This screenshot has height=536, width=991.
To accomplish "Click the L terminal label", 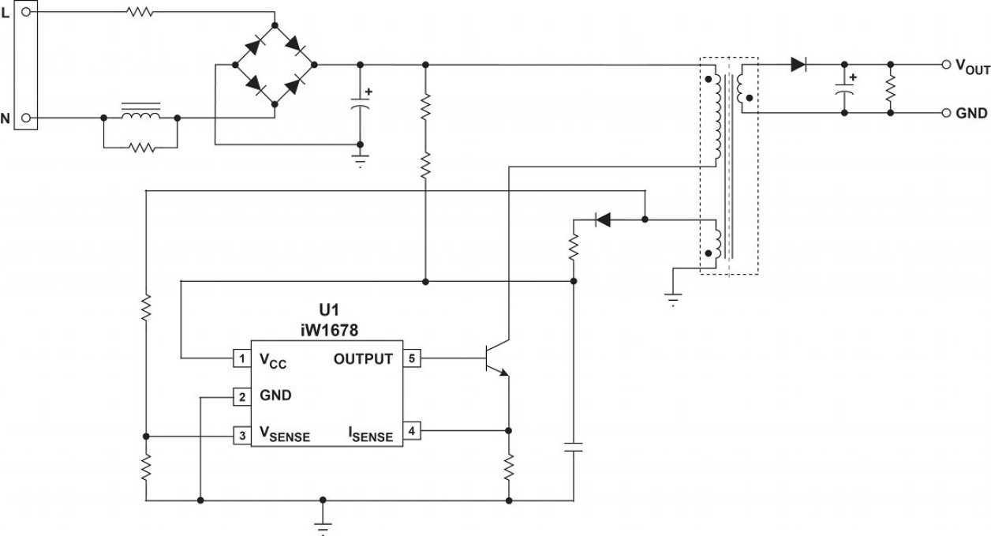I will [x=6, y=12].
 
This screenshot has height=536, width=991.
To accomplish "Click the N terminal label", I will [x=6, y=118].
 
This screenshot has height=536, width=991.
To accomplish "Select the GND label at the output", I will [x=971, y=114].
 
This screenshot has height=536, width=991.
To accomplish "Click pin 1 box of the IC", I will [x=241, y=359].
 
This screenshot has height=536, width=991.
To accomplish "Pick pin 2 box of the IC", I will [x=241, y=395].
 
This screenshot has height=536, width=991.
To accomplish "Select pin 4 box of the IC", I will [x=412, y=431].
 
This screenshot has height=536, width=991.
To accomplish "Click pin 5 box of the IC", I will [x=412, y=359].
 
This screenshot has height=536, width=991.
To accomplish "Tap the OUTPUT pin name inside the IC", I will [x=363, y=360].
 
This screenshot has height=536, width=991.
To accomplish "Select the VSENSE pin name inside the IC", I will [x=285, y=435].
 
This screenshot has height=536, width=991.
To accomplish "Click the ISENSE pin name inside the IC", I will [x=370, y=433].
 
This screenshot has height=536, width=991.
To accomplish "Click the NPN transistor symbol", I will [x=499, y=359].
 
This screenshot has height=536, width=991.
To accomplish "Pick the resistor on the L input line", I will [x=139, y=12].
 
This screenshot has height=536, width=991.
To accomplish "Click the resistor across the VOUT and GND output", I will [x=890, y=88].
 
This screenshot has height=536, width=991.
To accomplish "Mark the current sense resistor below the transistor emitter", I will [x=509, y=467].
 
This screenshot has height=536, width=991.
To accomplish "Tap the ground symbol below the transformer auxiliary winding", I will [x=673, y=298].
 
